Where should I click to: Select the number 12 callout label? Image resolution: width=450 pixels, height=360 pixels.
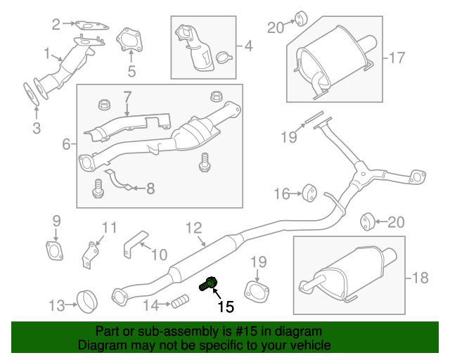[193, 227]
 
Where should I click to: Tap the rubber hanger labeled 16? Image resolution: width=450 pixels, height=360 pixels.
[307, 192]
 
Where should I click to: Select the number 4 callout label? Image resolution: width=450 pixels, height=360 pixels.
[247, 47]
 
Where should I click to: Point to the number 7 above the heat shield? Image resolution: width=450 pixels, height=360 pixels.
[127, 95]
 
